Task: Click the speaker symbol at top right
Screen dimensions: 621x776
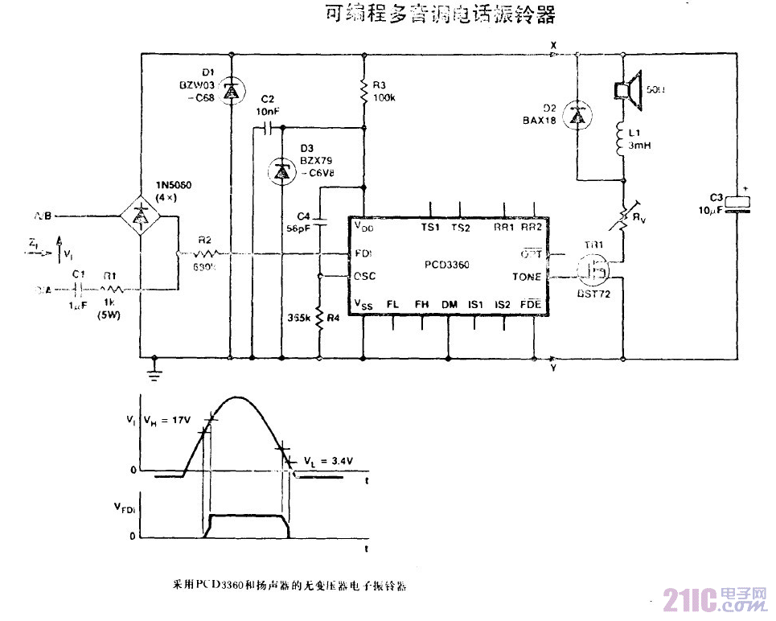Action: [626, 87]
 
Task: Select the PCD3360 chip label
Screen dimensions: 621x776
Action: [447, 264]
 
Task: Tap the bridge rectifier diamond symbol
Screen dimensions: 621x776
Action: [142, 216]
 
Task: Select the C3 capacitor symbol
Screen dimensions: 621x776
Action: [737, 206]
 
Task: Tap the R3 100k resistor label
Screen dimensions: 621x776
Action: [383, 91]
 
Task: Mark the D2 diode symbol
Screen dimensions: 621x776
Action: [577, 117]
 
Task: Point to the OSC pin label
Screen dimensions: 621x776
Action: [364, 276]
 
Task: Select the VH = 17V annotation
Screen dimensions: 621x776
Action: [166, 420]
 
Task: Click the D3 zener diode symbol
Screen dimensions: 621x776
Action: [281, 171]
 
